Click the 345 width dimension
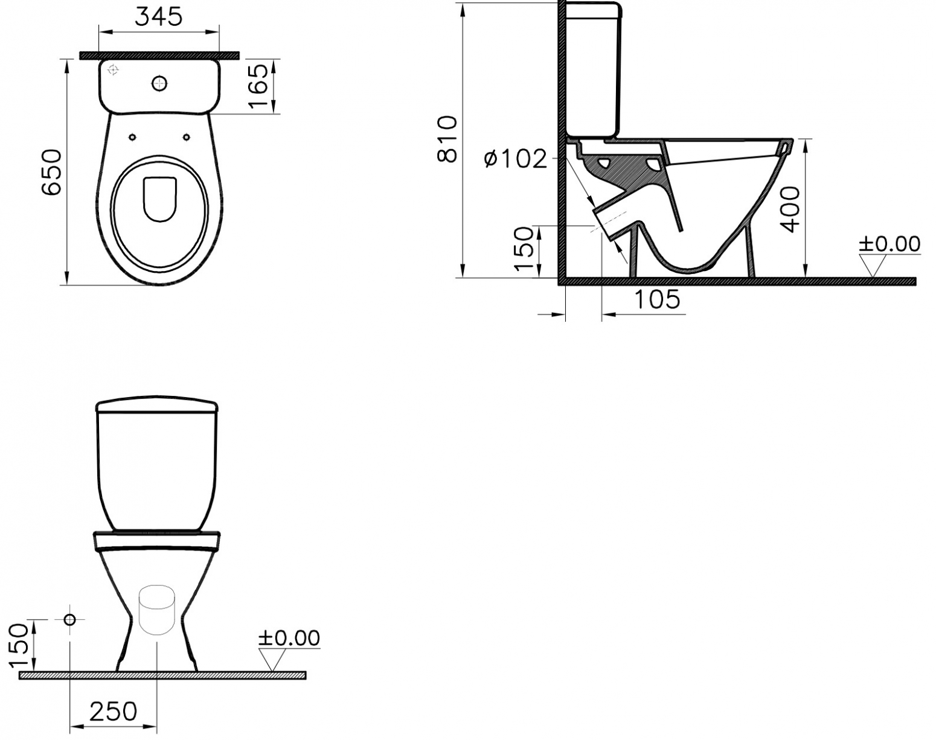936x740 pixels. pyautogui.click(x=158, y=17)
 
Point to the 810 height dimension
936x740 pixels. pyautogui.click(x=447, y=139)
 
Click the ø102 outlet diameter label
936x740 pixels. pyautogui.click(x=516, y=159)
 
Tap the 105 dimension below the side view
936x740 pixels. pyautogui.click(x=657, y=299)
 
